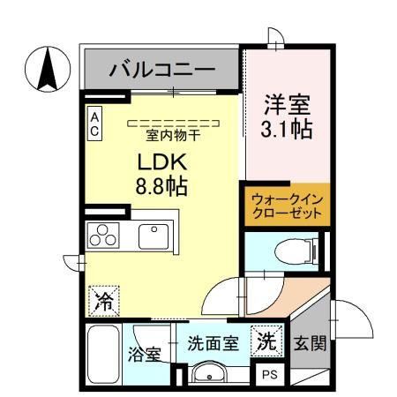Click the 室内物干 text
pos(172,135)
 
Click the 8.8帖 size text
pos(160,187)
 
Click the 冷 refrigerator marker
pos(102,300)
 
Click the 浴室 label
pos(145,355)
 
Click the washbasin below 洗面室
pos(210,373)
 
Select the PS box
pos(267,374)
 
